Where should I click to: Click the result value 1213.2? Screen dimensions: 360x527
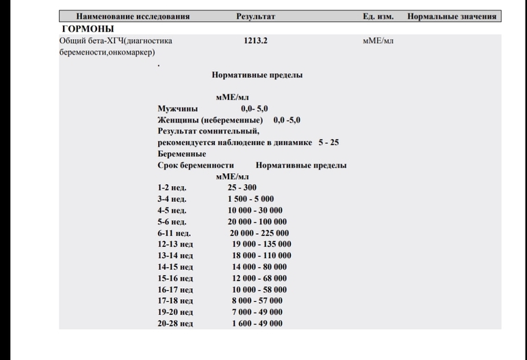[255, 41]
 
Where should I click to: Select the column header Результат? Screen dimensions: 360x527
[255, 16]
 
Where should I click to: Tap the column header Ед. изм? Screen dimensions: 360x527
[378, 16]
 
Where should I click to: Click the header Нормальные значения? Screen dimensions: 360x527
[451, 16]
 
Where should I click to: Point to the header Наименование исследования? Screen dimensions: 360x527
[133, 16]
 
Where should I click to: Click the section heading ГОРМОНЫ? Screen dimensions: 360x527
[88, 29]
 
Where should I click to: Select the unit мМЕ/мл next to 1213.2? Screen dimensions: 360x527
[378, 41]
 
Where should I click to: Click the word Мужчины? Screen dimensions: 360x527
[178, 109]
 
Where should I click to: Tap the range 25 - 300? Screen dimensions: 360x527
[242, 188]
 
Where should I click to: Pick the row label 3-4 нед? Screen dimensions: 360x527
[172, 199]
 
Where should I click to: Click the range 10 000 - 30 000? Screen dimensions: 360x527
[255, 210]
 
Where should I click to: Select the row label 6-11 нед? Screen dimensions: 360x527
[174, 233]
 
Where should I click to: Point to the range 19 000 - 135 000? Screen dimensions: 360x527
[261, 244]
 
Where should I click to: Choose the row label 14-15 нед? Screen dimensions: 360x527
[175, 267]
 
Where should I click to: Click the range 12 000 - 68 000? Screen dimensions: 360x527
[259, 278]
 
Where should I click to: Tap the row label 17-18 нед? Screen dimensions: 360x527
[175, 300]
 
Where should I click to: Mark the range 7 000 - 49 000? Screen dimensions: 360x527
[257, 312]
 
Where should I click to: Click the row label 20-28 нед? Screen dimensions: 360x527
[175, 323]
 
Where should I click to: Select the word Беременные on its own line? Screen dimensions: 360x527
[181, 154]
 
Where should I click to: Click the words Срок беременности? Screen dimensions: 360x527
[196, 165]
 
